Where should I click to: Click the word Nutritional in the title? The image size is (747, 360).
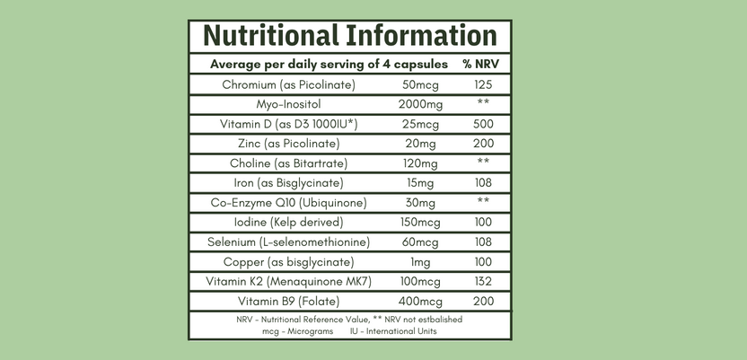(x=269, y=36)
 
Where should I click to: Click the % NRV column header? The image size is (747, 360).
(x=480, y=65)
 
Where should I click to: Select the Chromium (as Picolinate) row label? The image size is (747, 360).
(x=289, y=85)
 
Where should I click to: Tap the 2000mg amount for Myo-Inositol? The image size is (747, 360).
(x=420, y=104)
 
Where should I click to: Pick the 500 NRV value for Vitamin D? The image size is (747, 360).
(x=483, y=124)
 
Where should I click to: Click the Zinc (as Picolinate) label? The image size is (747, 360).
(x=289, y=144)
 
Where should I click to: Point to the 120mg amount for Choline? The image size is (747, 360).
(x=420, y=163)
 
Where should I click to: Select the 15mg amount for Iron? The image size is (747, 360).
(x=420, y=183)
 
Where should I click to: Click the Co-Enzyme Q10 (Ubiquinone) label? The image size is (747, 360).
(x=289, y=203)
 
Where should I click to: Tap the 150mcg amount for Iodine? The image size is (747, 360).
(x=420, y=223)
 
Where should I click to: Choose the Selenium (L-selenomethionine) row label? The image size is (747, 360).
(x=289, y=242)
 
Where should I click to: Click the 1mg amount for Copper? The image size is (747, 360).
(x=420, y=262)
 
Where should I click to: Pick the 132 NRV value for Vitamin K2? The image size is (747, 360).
(x=483, y=282)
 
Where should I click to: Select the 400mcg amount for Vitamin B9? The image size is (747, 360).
(x=420, y=302)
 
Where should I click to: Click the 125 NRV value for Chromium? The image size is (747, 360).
(x=483, y=85)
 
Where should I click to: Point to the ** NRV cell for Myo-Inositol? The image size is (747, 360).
(x=483, y=104)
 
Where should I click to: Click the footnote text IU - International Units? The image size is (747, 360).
(x=394, y=330)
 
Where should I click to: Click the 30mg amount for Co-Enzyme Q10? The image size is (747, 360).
(x=420, y=203)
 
